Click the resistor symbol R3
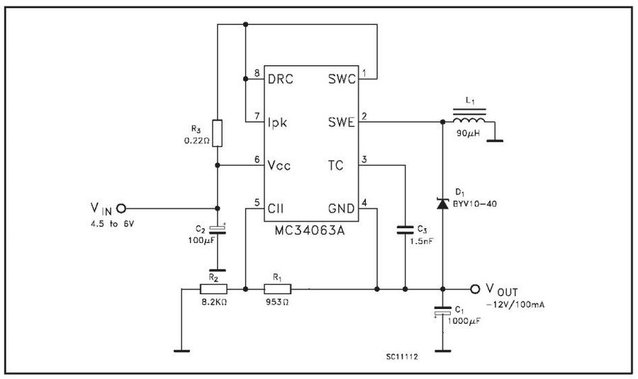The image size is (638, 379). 218,133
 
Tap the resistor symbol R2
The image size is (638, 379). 213,289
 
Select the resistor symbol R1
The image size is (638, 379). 276,289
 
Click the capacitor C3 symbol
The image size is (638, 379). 405,230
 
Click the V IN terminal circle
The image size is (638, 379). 121,208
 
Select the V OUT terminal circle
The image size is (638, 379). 475,289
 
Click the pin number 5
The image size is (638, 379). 257,203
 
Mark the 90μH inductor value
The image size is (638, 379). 470,135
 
